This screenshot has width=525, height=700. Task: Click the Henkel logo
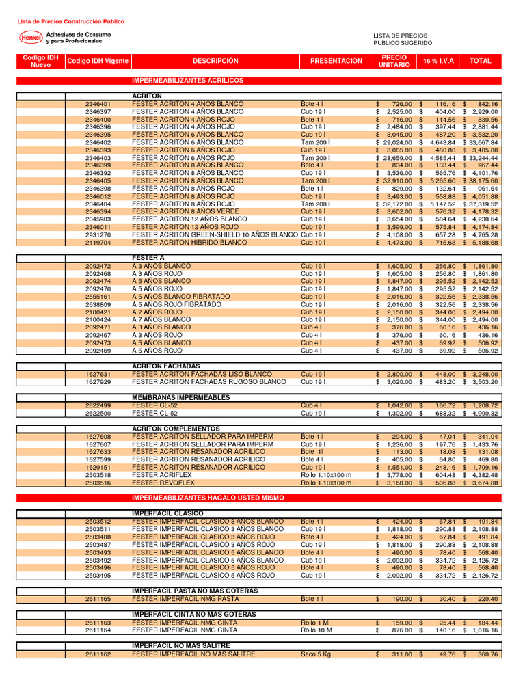[30, 38]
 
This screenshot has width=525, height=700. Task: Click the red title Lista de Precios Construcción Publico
[70, 22]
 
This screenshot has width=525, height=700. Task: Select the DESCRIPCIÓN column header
[215, 61]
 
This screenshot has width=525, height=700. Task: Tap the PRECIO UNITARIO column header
[394, 61]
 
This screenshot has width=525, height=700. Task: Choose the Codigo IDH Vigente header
[98, 61]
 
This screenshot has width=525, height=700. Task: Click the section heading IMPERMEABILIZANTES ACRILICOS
[187, 81]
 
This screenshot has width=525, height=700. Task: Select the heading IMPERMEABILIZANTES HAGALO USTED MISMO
[208, 498]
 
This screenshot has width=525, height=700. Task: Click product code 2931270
[98, 234]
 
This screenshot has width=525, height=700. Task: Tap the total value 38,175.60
[482, 180]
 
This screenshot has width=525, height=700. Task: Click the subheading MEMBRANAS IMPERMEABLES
[180, 397]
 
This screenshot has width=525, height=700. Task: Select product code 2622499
[98, 405]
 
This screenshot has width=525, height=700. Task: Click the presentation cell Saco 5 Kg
[316, 654]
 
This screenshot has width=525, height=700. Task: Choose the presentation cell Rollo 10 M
[316, 630]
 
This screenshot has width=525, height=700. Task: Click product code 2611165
[98, 598]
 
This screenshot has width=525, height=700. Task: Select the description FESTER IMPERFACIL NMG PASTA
[185, 598]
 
